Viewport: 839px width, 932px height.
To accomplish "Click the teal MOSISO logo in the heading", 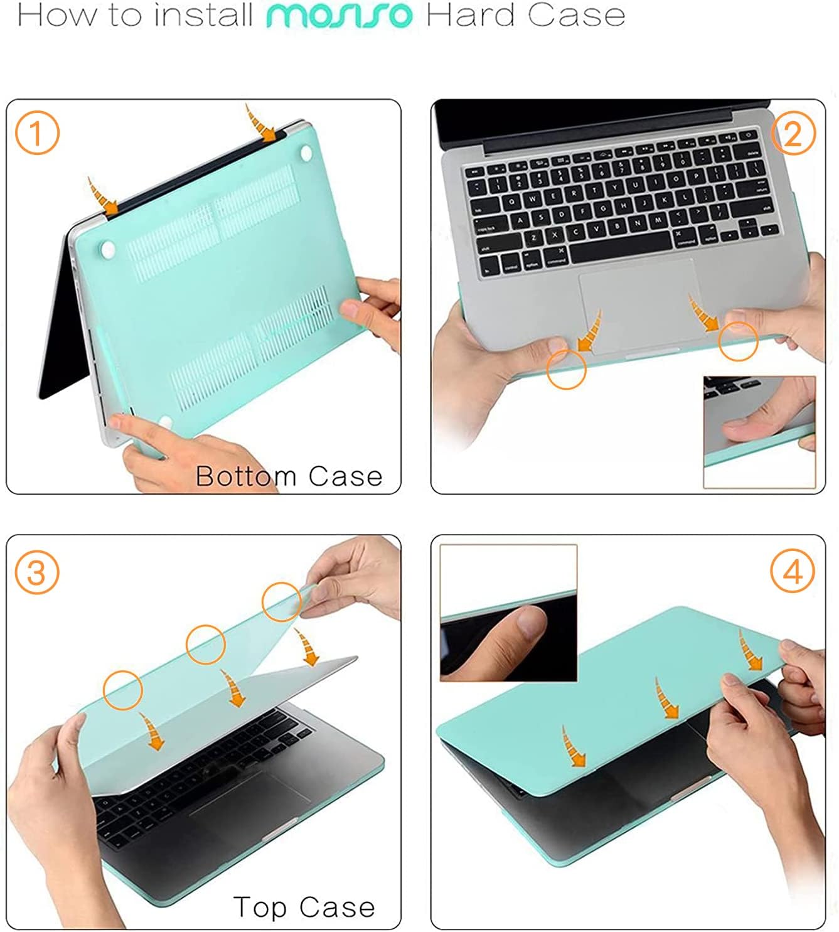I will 339,16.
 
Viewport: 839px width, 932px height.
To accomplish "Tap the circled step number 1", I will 37,134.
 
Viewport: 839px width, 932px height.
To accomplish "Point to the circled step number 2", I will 793,133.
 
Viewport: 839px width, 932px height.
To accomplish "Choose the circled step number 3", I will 37,572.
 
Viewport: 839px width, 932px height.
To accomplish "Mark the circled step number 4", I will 793,572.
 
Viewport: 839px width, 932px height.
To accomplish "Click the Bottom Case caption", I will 289,476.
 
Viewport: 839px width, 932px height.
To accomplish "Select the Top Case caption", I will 304,907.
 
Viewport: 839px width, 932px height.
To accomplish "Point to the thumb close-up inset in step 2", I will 759,432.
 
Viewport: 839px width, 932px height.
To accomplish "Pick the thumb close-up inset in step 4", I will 508,613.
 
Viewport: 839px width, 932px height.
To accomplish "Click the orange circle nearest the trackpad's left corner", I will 566,370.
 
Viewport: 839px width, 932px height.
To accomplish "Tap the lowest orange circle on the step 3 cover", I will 123,690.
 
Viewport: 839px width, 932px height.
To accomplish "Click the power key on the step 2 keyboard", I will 749,136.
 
